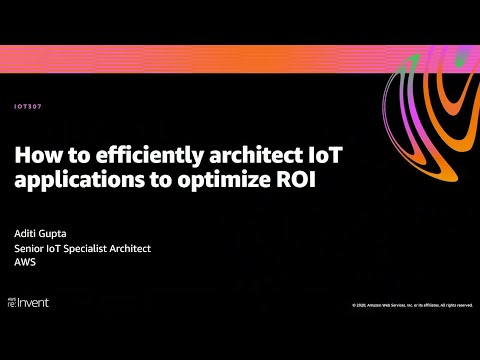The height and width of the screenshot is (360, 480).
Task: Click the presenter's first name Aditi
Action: [x=26, y=234]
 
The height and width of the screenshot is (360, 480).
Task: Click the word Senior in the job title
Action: [x=29, y=248]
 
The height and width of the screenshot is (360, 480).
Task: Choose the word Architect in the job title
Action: [x=133, y=248]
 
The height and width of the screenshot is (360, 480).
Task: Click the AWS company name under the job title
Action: [x=24, y=262]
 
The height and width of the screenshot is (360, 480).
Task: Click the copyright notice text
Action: [x=412, y=304]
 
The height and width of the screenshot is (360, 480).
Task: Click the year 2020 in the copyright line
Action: [x=360, y=304]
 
